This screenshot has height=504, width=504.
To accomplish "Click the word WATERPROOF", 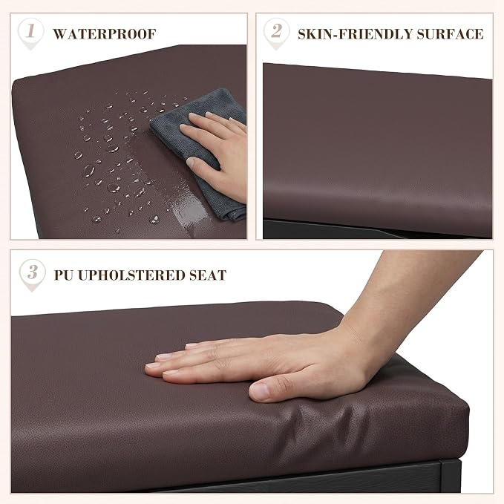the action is pyautogui.click(x=105, y=34).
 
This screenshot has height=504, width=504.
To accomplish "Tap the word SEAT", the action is pyautogui.click(x=208, y=275).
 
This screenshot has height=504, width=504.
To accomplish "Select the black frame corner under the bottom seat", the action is pyautogui.click(x=450, y=476).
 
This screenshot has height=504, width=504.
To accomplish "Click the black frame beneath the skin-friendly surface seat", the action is pyautogui.click(x=338, y=229).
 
